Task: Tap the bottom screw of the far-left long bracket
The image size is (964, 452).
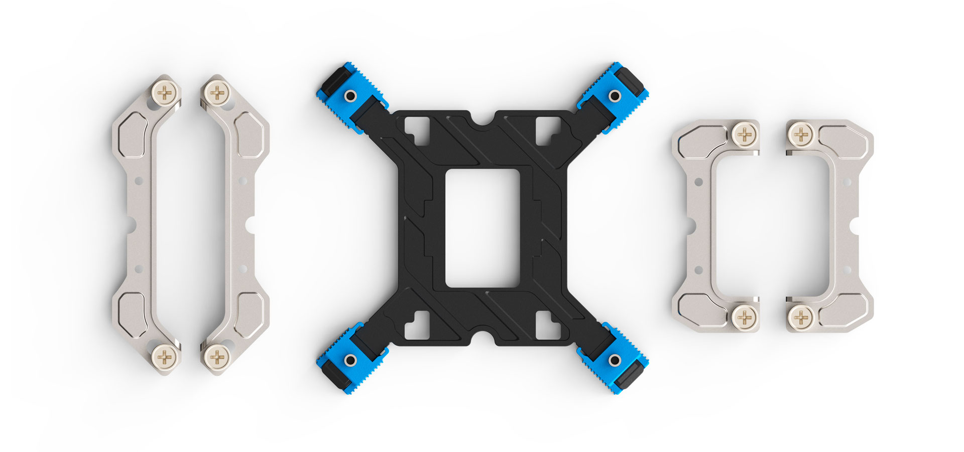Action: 165,357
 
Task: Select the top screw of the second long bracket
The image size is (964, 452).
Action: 217,92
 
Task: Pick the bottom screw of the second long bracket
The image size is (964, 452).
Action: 217,357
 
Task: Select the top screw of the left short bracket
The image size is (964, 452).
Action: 745,134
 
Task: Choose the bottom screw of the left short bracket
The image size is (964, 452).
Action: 745,317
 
